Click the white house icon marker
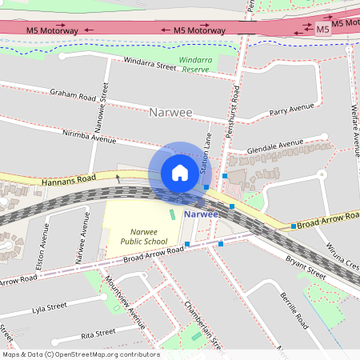[x=180, y=173]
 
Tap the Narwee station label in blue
[x=200, y=214]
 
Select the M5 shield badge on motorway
[x=322, y=30]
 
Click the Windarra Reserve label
[x=194, y=65]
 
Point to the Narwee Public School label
[x=144, y=236]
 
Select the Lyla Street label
[x=49, y=307]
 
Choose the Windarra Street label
[x=149, y=62]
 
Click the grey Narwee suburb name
[x=170, y=113]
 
